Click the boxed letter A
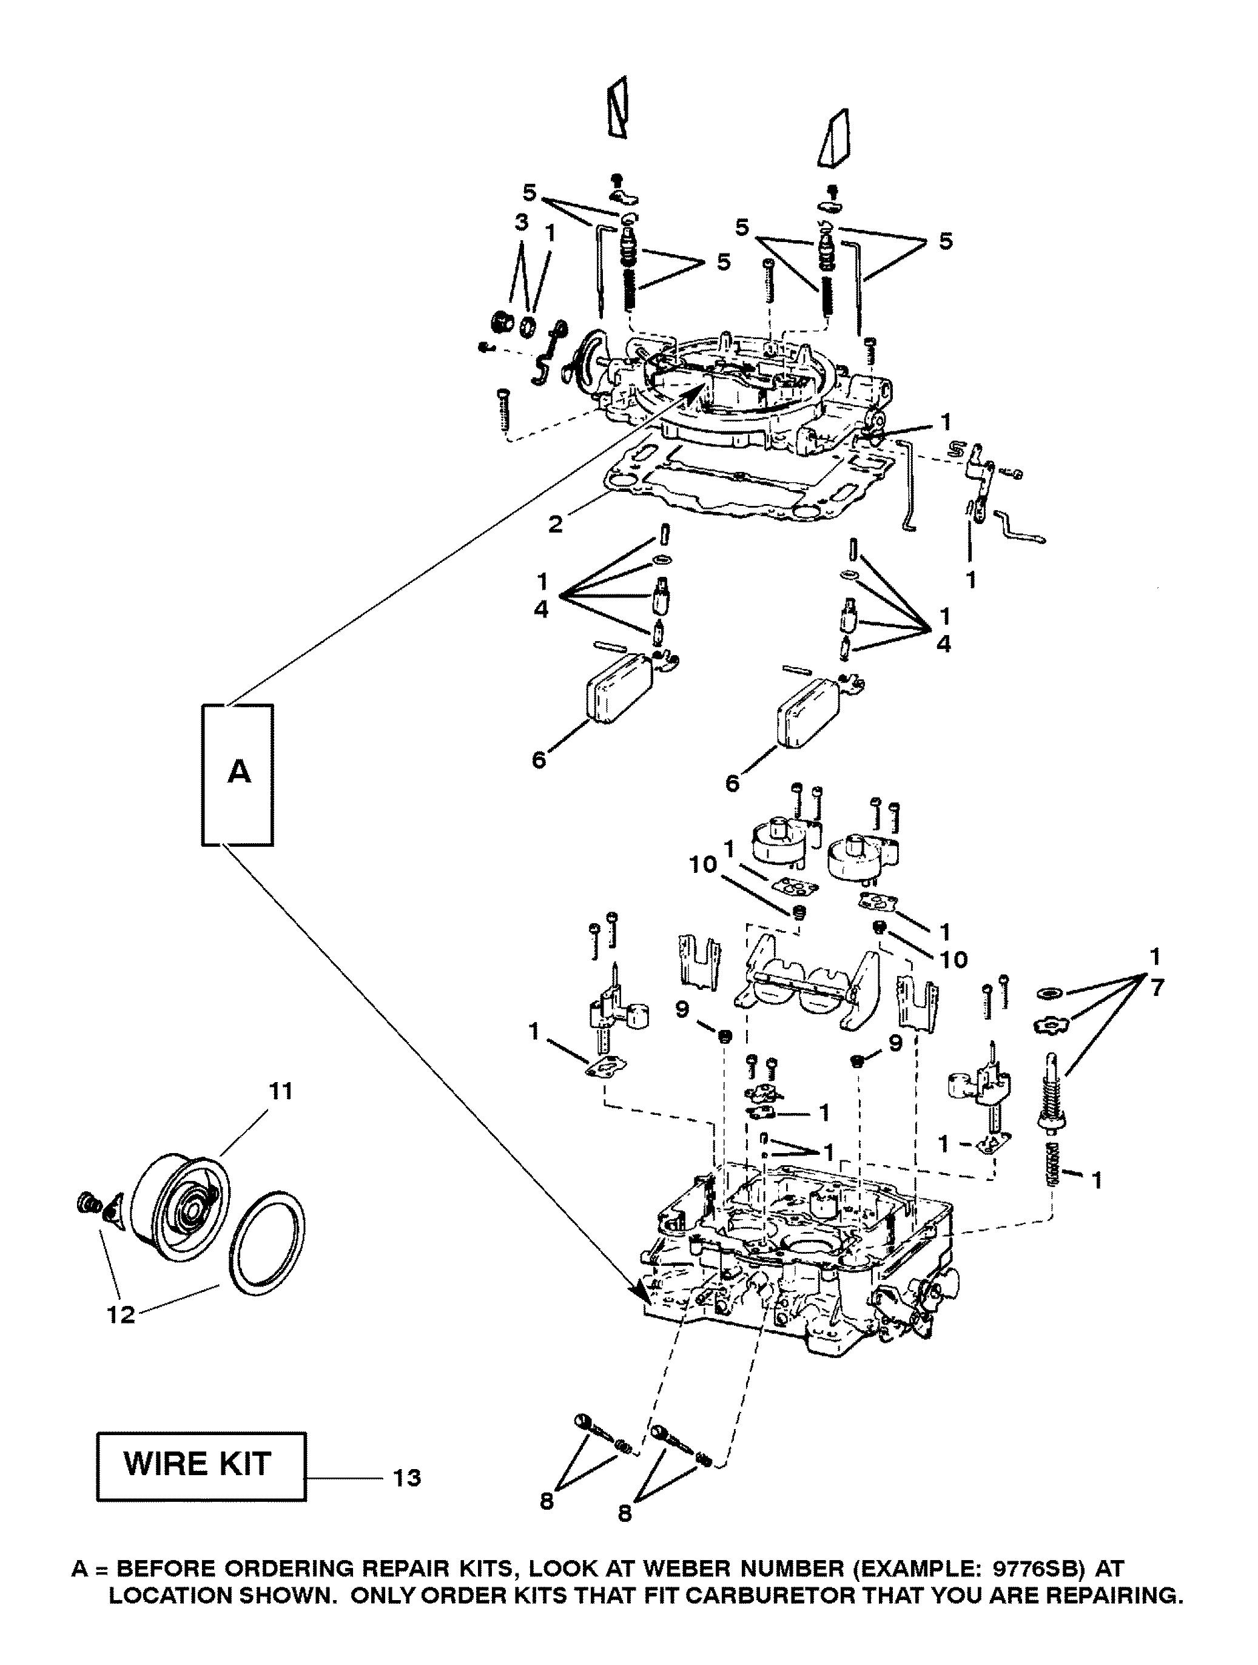[238, 772]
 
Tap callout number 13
[407, 1478]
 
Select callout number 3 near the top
[521, 222]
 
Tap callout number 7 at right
[1155, 987]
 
